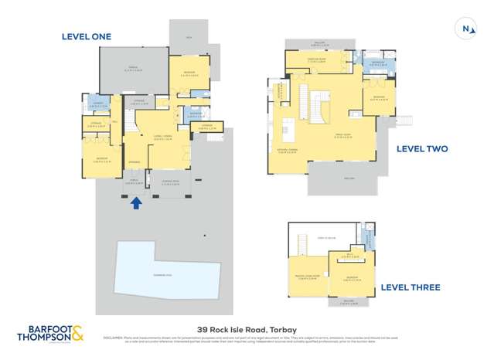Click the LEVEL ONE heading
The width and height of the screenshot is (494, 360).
click(x=87, y=36)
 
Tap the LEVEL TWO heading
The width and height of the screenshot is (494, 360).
click(x=421, y=149)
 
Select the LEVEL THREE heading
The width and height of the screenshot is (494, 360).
click(x=410, y=287)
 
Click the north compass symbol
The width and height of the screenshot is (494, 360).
click(x=466, y=29)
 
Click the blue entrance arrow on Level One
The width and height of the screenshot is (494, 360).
click(x=137, y=203)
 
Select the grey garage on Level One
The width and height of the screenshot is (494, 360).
click(x=133, y=70)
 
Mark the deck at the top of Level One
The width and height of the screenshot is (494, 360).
click(x=188, y=36)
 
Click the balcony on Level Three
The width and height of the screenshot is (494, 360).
click(x=348, y=303)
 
